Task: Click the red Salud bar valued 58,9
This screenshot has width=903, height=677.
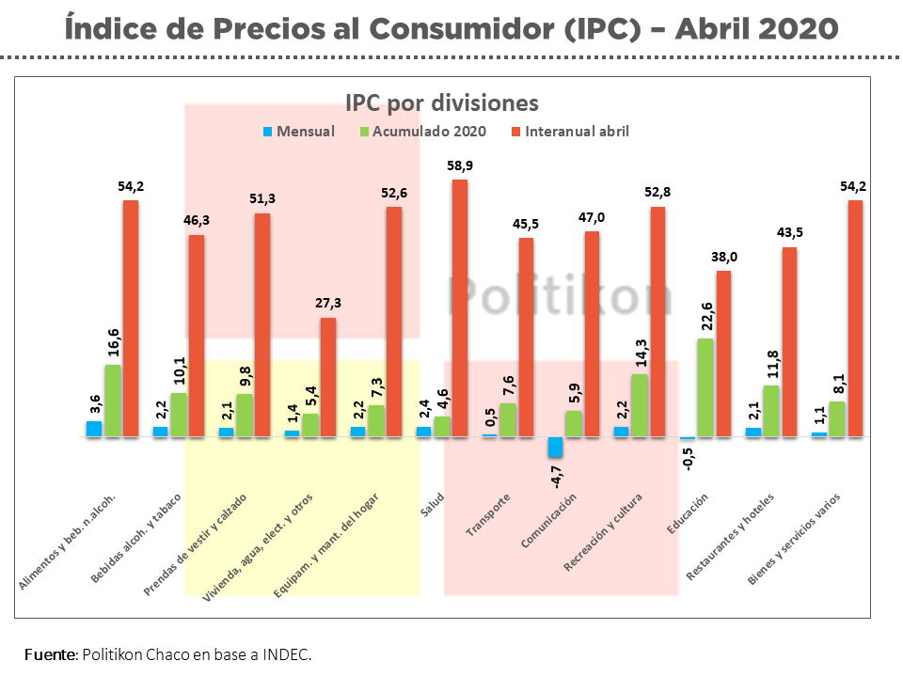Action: click(x=460, y=307)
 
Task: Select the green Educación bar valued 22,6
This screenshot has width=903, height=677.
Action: click(x=705, y=387)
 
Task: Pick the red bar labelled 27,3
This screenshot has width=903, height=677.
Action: click(x=328, y=376)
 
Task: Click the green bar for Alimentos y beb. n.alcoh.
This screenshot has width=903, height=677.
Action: click(x=112, y=401)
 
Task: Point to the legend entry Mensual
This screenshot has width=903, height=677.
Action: click(x=299, y=132)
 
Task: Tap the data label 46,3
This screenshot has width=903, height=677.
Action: click(x=197, y=222)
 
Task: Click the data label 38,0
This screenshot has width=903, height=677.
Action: click(x=723, y=258)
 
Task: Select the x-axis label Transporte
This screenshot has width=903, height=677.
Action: click(x=490, y=515)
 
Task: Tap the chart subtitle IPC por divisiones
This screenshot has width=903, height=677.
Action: click(x=441, y=102)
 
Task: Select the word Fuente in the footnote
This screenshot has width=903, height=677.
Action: click(x=49, y=653)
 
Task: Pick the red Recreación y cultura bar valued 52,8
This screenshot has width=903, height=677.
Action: click(x=658, y=321)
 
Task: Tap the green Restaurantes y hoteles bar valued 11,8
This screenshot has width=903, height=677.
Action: click(x=770, y=411)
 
